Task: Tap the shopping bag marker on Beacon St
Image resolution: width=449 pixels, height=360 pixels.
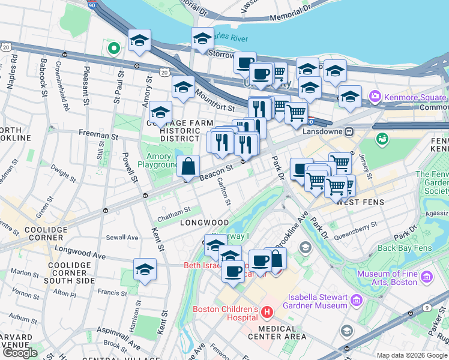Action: tap(188, 166)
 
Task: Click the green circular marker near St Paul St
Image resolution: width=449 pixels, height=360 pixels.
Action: tap(112, 47)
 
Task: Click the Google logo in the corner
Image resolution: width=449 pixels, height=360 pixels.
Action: tap(20, 353)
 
